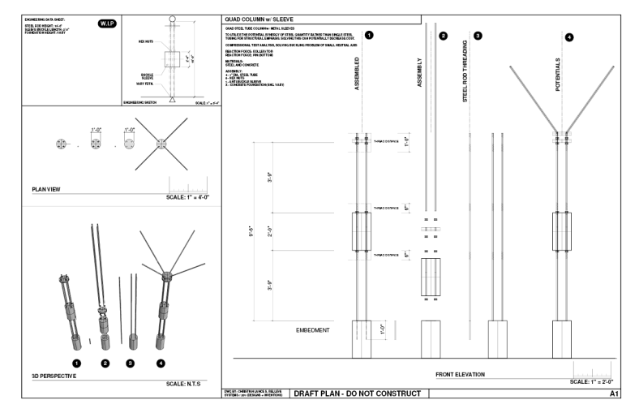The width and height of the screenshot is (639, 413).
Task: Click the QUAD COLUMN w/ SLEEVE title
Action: [259, 19]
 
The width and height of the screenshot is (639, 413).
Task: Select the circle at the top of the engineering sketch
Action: [172, 19]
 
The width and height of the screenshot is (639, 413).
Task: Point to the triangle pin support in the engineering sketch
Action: [172, 100]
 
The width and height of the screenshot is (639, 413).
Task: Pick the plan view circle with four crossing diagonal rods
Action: [162, 143]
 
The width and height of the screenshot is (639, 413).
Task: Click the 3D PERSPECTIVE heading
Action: [54, 376]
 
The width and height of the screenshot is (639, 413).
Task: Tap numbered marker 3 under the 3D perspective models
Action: [131, 364]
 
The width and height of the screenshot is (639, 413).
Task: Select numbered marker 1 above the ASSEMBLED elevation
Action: [369, 36]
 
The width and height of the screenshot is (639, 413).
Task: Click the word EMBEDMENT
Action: [312, 330]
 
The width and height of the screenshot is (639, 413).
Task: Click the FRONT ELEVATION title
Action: [461, 375]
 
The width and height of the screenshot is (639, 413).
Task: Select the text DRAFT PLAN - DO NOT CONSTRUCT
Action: [357, 394]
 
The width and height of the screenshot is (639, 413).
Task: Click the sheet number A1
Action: [614, 394]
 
